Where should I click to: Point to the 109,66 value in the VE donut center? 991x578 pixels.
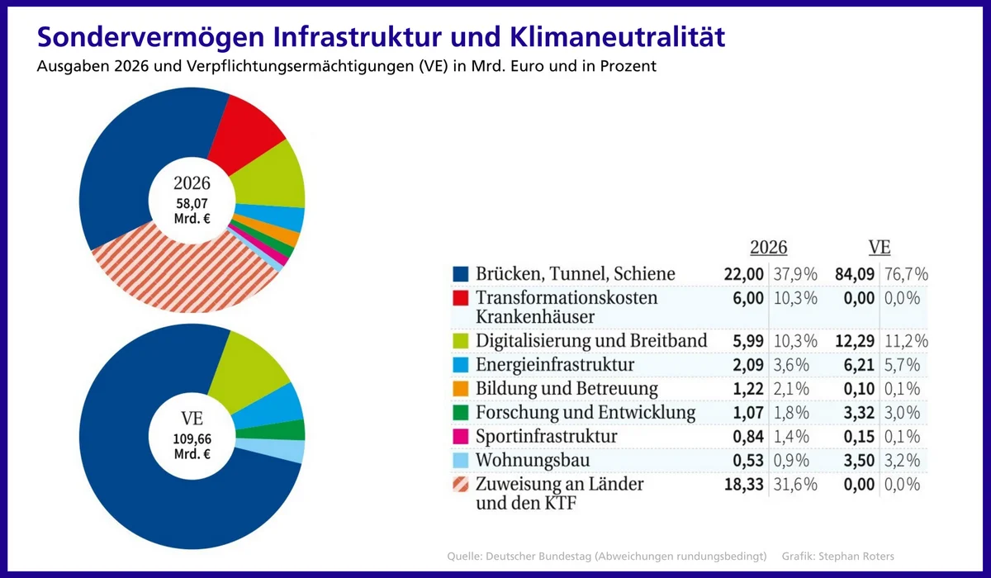[x=192, y=438]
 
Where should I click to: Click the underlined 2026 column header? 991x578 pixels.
[x=768, y=248]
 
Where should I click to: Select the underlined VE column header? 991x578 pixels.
[x=880, y=248]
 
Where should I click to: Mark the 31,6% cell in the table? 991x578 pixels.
[x=795, y=484]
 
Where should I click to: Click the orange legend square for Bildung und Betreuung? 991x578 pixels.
[x=461, y=388]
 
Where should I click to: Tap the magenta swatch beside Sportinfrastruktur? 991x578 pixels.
[x=461, y=436]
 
